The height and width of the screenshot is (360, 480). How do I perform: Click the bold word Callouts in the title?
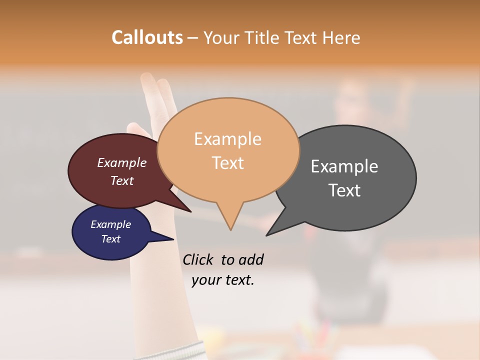tap(147, 37)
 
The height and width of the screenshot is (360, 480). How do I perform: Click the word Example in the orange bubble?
tap(227, 139)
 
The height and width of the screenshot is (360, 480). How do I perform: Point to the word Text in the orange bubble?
tap(228, 162)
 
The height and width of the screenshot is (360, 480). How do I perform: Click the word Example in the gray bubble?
tap(344, 166)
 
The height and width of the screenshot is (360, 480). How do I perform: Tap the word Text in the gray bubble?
tap(344, 190)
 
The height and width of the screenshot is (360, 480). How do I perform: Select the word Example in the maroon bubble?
tap(122, 162)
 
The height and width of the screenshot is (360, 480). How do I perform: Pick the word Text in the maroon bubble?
tap(122, 180)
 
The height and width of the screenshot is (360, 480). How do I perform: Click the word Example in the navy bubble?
tap(110, 224)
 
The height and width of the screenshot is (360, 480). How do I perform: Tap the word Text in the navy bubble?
tap(110, 239)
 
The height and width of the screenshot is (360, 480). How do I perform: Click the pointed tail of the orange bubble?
tap(230, 227)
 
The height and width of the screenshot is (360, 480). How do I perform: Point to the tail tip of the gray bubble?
tap(268, 234)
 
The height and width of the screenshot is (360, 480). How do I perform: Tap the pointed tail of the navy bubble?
tap(171, 239)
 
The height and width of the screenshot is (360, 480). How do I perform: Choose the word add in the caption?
tap(251, 259)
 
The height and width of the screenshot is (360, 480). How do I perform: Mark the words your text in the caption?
tap(222, 280)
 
